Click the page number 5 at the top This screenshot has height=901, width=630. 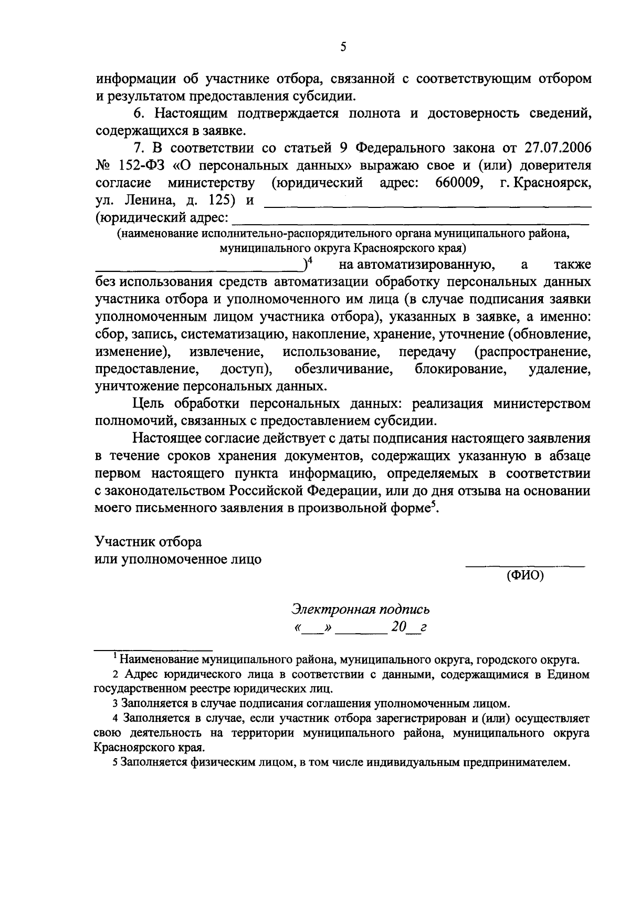click(x=343, y=47)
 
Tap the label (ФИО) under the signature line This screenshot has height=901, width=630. click(x=525, y=575)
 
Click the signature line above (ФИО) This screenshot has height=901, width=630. click(x=525, y=566)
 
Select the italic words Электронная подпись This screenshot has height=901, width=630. click(x=361, y=610)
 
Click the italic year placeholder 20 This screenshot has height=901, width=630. click(x=398, y=627)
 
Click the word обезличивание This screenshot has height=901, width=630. click(x=344, y=369)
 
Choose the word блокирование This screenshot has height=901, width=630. click(x=460, y=369)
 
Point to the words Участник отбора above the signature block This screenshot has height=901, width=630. click(x=148, y=541)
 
